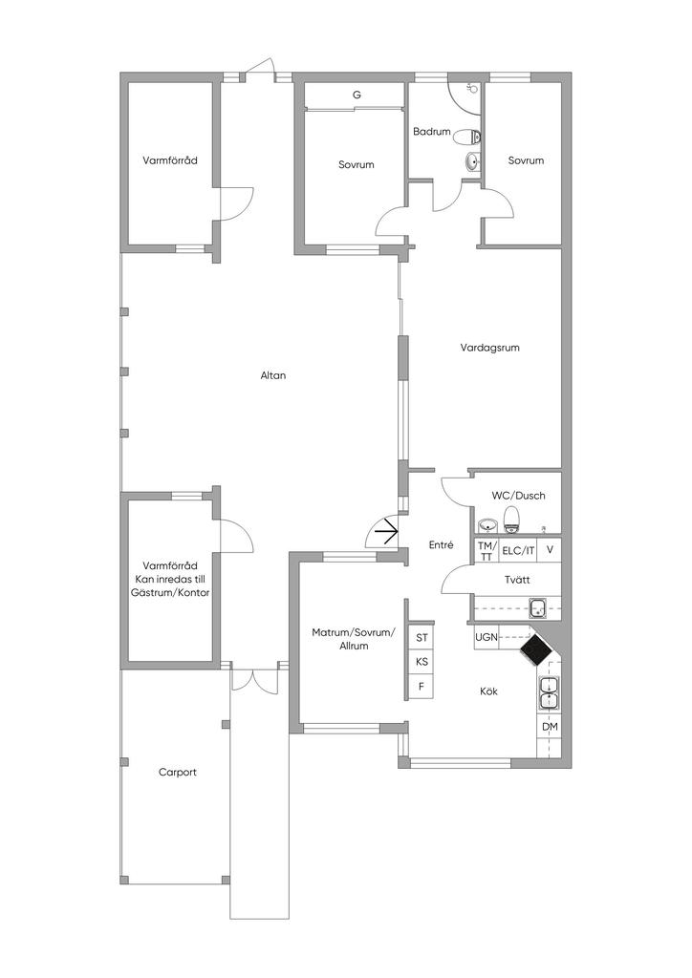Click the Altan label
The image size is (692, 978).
tap(273, 375)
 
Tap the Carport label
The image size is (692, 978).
tap(178, 773)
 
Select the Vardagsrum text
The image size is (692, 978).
tap(489, 348)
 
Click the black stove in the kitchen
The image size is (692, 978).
tap(535, 650)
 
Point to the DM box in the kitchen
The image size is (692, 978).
tap(550, 727)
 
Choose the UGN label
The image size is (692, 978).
tap(486, 637)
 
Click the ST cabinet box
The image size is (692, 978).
tap(422, 637)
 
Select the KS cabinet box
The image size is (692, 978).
tap(422, 661)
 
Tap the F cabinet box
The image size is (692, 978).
tap(422, 686)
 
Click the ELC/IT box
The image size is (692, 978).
tap(518, 550)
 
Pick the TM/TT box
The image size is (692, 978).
tap(487, 550)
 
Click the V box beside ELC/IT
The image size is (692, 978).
tap(550, 550)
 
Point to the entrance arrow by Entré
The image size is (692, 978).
tap(387, 531)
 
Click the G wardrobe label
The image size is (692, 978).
tap(357, 96)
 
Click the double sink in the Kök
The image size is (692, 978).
tap(550, 691)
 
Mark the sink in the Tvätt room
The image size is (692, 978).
tap(538, 606)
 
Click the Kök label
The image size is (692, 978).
tap(488, 691)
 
